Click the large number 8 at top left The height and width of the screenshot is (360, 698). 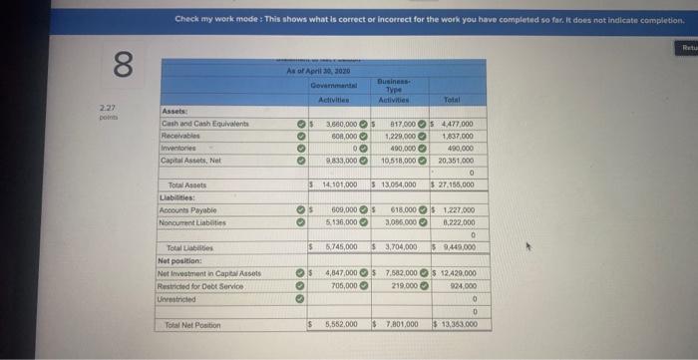(119, 67)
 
